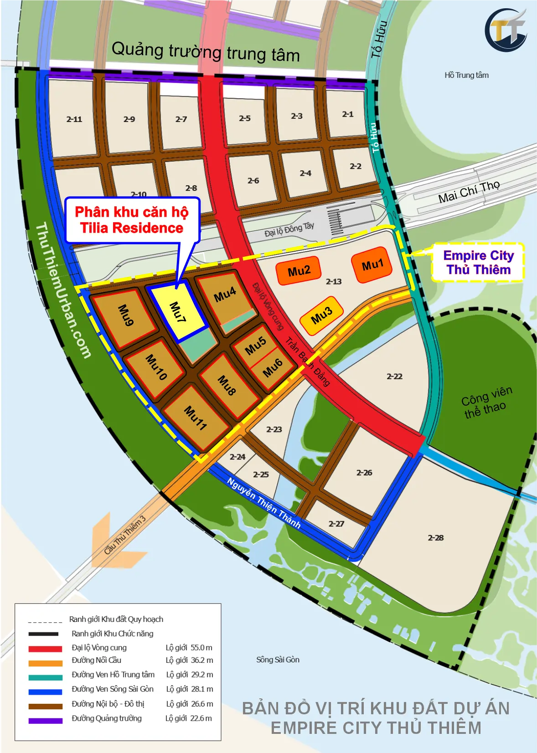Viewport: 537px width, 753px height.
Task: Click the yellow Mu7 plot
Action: tap(178, 312)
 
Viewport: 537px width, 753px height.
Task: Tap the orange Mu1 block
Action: tap(372, 265)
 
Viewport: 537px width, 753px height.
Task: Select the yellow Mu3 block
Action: tap(321, 315)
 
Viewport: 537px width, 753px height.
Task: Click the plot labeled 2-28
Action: tap(436, 538)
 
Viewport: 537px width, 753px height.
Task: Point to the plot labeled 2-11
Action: tap(74, 119)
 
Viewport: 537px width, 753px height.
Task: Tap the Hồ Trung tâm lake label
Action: tap(466, 75)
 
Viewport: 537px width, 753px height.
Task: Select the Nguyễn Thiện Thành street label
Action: tap(264, 503)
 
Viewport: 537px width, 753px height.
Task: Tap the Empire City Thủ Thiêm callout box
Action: tap(478, 262)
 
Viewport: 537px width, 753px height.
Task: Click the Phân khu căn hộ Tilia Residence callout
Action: tap(132, 220)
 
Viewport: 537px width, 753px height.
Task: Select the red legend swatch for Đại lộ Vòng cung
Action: tap(45, 648)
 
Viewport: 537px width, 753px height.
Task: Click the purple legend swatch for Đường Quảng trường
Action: tap(45, 720)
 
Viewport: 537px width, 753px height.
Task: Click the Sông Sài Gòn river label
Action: tap(278, 660)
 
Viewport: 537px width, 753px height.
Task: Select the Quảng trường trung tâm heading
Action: tap(206, 52)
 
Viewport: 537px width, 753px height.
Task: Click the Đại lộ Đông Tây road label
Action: tap(289, 229)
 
